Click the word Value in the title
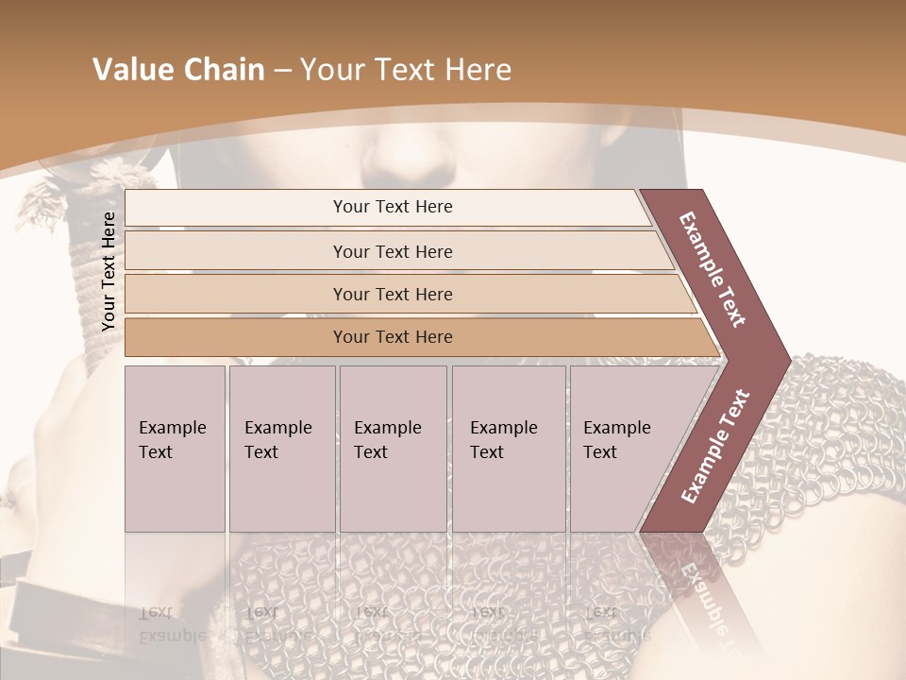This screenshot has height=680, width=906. pos(131,70)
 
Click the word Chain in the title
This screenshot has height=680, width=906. pos(221,70)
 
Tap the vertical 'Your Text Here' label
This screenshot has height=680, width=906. pos(109,271)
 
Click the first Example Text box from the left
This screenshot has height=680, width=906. pos(175,449)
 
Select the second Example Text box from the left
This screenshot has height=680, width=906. pos(282,449)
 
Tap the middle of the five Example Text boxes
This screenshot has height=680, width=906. pos(393,449)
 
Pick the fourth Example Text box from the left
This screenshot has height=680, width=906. pos(509,449)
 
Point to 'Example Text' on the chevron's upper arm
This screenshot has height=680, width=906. pos(713,269)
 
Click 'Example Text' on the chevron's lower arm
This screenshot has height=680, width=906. pos(714,446)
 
